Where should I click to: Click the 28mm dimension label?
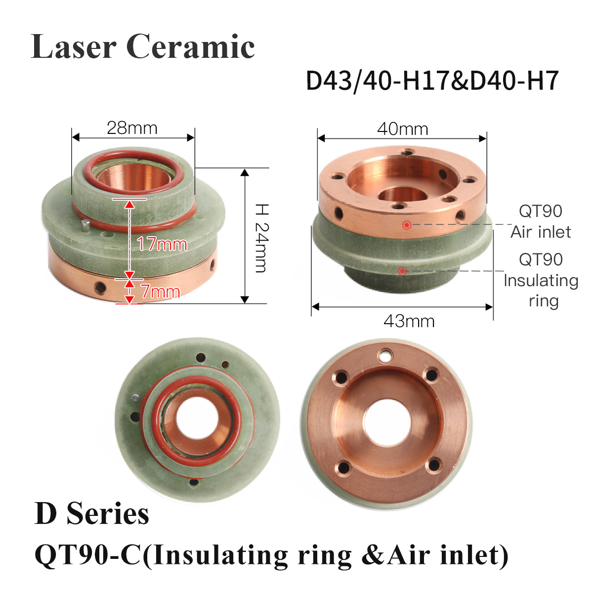click(x=132, y=128)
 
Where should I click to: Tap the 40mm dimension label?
click(x=403, y=129)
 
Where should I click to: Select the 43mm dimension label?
click(x=409, y=322)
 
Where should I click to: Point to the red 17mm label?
click(x=162, y=244)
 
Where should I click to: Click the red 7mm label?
click(x=160, y=292)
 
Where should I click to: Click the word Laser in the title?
click(x=73, y=46)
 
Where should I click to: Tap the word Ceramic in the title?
click(x=190, y=46)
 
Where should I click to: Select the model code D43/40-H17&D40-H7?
click(x=432, y=81)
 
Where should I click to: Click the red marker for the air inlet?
click(x=407, y=225)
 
